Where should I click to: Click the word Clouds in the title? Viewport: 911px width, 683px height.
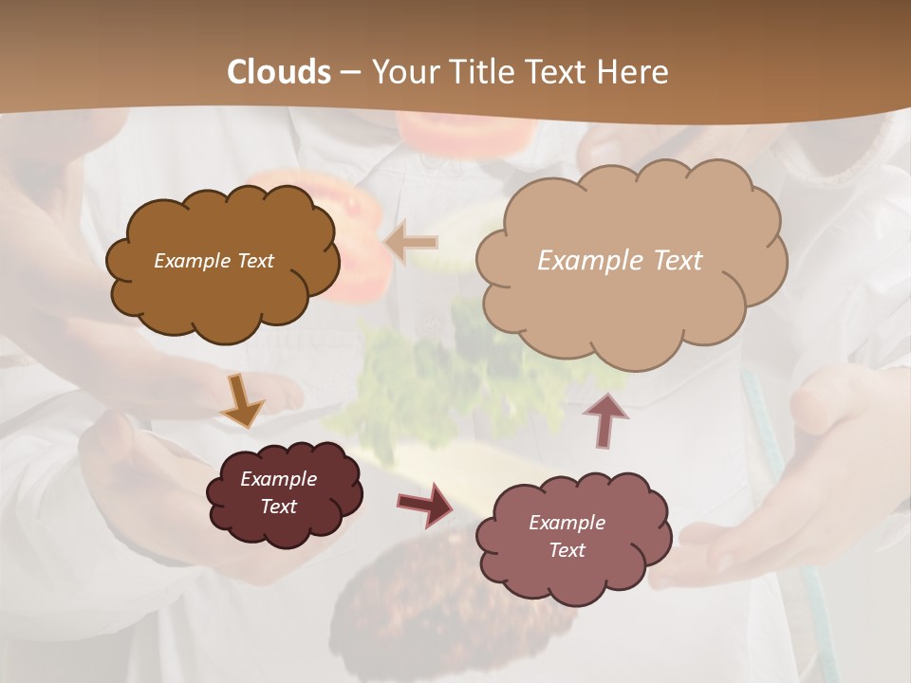pyautogui.click(x=279, y=72)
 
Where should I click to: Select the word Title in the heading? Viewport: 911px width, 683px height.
pyautogui.click(x=474, y=72)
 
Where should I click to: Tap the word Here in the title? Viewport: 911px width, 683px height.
pyautogui.click(x=636, y=72)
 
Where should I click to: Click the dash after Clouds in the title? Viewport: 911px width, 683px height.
pyautogui.click(x=349, y=73)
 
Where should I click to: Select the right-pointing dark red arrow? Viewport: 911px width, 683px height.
pyautogui.click(x=425, y=504)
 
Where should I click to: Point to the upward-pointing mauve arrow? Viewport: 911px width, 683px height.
pyautogui.click(x=605, y=420)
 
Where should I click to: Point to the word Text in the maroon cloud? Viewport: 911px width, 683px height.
pyautogui.click(x=279, y=507)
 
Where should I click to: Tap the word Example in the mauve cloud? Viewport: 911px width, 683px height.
pyautogui.click(x=567, y=523)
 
